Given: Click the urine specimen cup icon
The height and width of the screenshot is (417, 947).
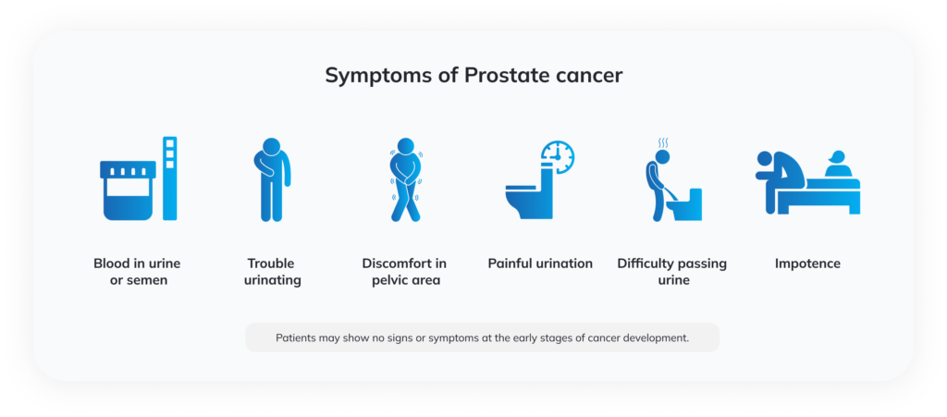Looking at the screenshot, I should tap(128, 189).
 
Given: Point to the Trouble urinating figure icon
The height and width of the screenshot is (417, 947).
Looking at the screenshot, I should tap(272, 179).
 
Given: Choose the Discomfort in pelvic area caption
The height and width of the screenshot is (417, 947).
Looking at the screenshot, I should tap(403, 272).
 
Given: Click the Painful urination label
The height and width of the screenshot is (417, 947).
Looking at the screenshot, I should tap(540, 264).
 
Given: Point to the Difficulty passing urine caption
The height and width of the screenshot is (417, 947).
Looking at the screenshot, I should tap(672, 272).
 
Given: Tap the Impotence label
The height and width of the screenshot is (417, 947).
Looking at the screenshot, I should tap(807, 264).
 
